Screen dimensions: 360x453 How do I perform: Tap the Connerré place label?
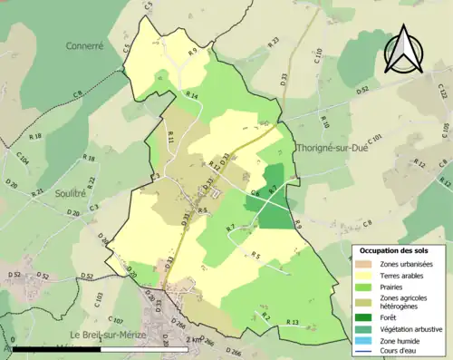point(85,44)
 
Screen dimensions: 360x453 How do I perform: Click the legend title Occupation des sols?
point(396,249)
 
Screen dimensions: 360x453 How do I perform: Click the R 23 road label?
point(273,42)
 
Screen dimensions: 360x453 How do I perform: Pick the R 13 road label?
point(292,323)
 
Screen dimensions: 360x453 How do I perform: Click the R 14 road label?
point(191,95)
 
